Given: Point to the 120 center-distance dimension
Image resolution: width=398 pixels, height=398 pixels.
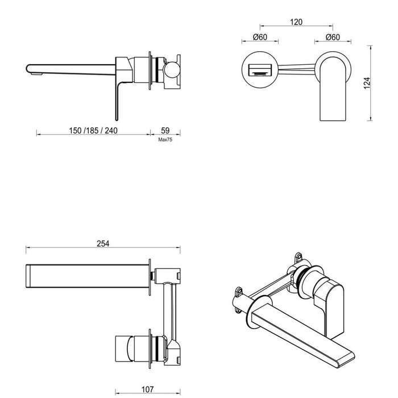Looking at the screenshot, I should tap(296, 22).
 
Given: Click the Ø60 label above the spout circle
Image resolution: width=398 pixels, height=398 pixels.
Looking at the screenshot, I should tap(261, 38).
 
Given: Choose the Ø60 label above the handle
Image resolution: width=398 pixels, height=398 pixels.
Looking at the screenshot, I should tap(333, 38).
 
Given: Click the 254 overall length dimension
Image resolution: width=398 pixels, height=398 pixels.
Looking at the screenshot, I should tap(102, 243).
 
